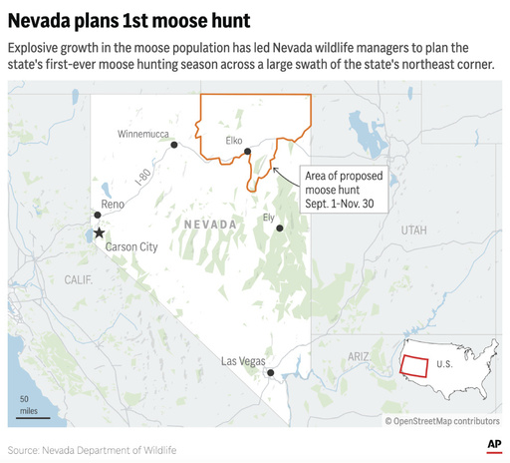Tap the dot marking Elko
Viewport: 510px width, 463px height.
tap(248, 152)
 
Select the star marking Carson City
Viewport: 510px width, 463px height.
tap(99, 232)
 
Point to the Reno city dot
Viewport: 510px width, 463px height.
tap(97, 215)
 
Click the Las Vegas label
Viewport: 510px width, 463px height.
tap(242, 360)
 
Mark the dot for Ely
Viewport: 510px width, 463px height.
tap(280, 229)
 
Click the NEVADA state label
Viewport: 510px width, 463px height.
tap(211, 225)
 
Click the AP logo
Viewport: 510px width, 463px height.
tap(493, 444)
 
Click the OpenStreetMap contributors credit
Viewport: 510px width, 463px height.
tap(442, 421)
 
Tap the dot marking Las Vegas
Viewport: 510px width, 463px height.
tap(271, 373)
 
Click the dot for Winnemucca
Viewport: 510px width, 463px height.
tap(174, 145)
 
